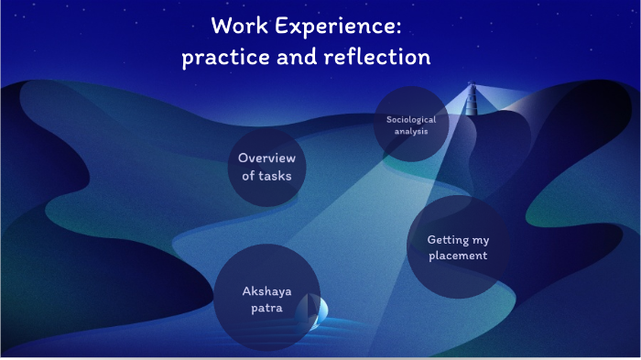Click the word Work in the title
241,25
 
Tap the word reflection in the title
377,57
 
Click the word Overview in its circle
266,158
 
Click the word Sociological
411,119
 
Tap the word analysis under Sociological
411,131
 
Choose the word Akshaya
266,291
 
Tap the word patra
266,308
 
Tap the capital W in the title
222,25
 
